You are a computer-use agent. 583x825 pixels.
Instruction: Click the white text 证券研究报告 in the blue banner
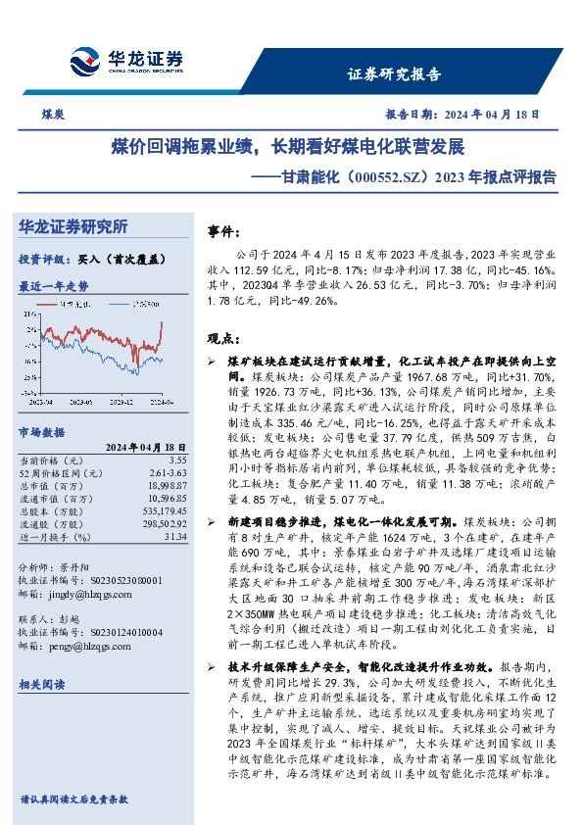[395, 73]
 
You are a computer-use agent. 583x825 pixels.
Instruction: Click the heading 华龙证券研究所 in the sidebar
[73, 226]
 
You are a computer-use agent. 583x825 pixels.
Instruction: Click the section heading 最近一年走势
[53, 286]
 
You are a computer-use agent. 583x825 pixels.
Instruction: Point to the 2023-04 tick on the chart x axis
[42, 402]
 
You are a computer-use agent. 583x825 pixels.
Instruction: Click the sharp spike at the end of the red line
[161, 322]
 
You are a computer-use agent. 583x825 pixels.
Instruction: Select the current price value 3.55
[176, 459]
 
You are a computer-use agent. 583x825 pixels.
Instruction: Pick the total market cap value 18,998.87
[166, 484]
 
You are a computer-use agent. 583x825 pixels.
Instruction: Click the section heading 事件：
[226, 232]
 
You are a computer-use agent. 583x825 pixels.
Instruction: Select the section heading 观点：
[226, 338]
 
